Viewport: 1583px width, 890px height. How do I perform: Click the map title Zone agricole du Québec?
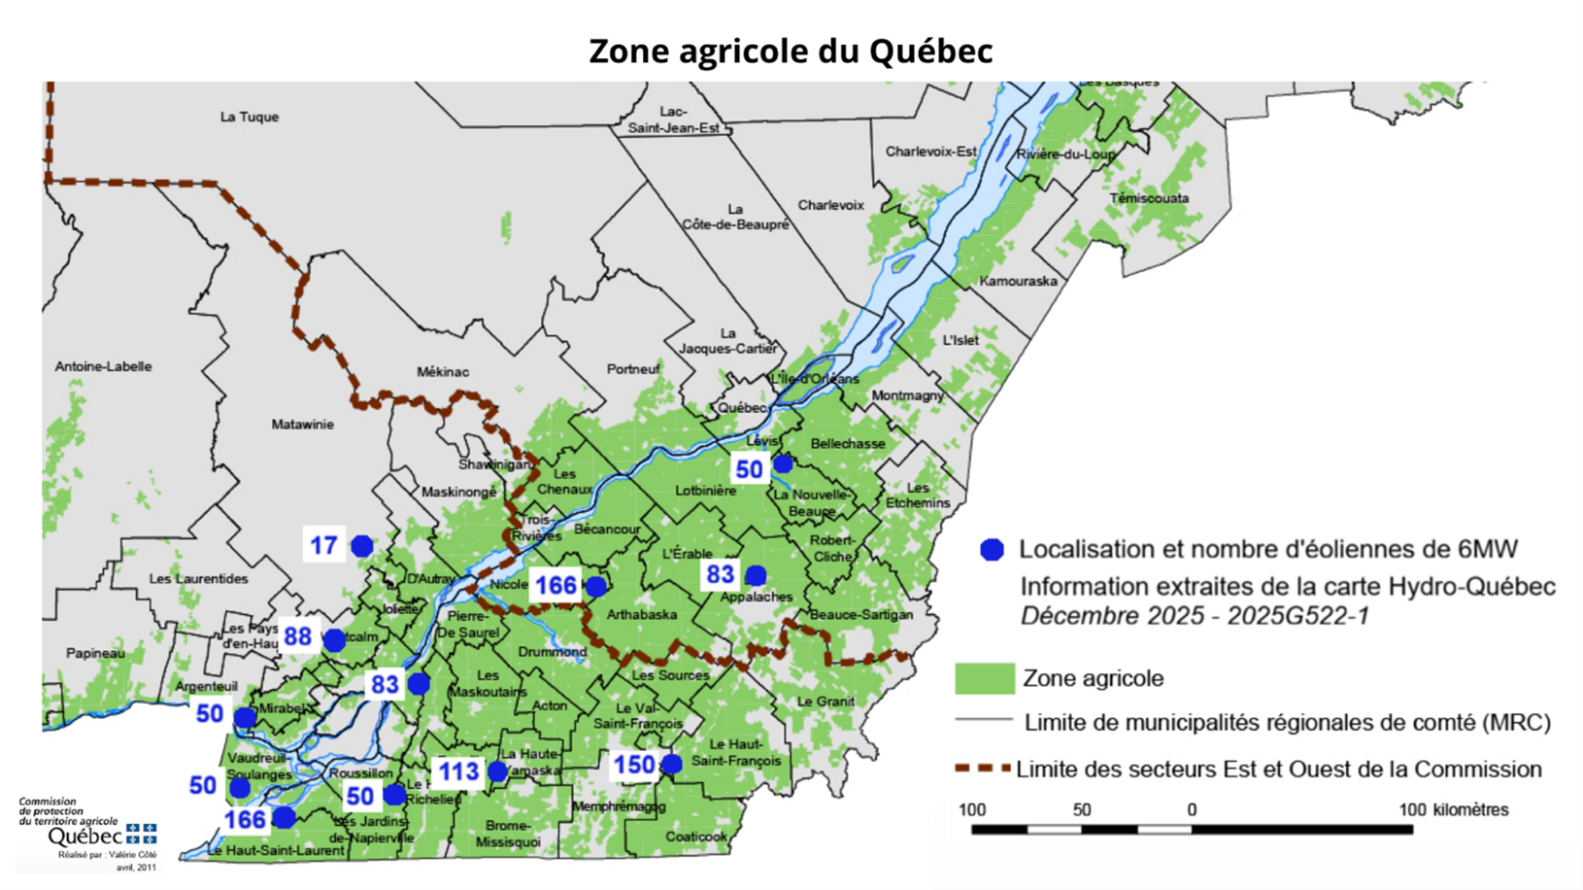(x=791, y=51)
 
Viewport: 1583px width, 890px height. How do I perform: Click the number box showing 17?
(x=323, y=545)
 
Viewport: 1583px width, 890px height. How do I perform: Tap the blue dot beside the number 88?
(x=335, y=640)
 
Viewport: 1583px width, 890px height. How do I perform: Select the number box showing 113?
(x=458, y=771)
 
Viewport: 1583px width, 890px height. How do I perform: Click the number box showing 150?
(x=633, y=765)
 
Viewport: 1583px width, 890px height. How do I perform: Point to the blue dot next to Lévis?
(x=783, y=463)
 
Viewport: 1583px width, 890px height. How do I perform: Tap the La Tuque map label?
(x=250, y=117)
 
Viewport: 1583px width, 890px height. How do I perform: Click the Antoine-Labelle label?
(x=103, y=366)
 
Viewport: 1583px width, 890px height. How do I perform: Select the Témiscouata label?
(x=1149, y=198)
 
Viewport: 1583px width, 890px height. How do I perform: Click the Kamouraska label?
(x=1018, y=281)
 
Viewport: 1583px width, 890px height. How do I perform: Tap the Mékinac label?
(x=443, y=371)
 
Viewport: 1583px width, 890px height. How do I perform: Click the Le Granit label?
(x=825, y=701)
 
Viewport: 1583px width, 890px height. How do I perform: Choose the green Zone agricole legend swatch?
(x=984, y=678)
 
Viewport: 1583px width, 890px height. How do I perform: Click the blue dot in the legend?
(x=992, y=550)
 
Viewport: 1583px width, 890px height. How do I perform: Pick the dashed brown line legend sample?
(x=982, y=769)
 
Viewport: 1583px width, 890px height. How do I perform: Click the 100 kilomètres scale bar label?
(x=1453, y=809)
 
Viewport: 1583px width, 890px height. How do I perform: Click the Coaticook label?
(x=695, y=836)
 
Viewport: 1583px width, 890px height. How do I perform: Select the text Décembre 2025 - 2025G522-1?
(x=1194, y=616)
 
